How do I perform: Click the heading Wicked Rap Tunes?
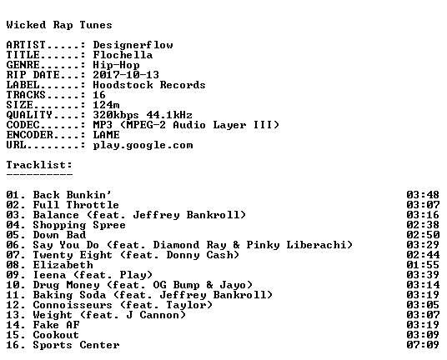[x=59, y=25]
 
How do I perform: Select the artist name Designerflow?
[x=133, y=45]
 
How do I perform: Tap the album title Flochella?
[x=123, y=55]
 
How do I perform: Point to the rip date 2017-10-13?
[x=126, y=75]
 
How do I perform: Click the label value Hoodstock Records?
[x=149, y=85]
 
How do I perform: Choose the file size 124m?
[x=106, y=105]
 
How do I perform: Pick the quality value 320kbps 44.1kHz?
[x=143, y=115]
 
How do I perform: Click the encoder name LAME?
[x=107, y=135]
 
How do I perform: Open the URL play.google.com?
[x=143, y=145]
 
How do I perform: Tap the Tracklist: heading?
[x=39, y=165]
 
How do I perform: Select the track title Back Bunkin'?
[x=73, y=195]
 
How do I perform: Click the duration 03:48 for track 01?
[x=423, y=195]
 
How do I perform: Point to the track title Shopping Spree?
[x=79, y=225]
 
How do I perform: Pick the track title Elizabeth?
[x=63, y=265]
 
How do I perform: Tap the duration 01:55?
[x=423, y=265]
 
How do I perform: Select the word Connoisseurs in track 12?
[x=73, y=305]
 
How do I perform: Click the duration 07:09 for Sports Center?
[x=423, y=345]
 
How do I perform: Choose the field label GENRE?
[x=23, y=65]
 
